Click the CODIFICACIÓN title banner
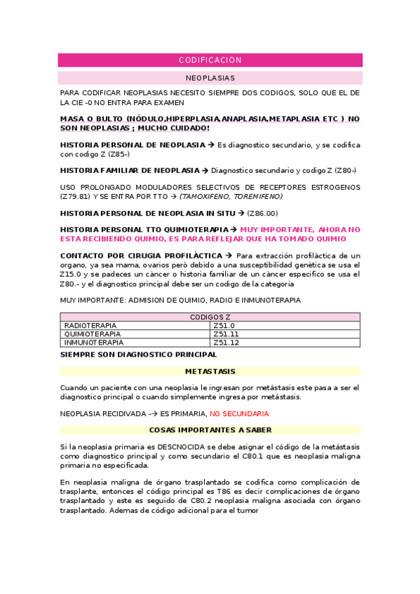(210, 60)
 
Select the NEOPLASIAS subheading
(210, 78)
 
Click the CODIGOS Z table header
(210, 317)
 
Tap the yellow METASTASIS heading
(210, 371)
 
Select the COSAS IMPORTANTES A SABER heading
(210, 430)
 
